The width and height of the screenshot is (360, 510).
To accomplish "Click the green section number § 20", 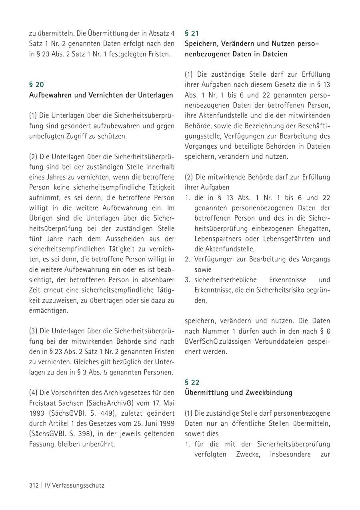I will point(36,84).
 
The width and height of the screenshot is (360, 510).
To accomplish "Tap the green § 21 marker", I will point(192,33).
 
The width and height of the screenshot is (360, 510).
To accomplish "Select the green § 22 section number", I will point(192,382).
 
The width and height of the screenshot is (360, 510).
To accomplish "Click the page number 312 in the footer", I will point(34,486).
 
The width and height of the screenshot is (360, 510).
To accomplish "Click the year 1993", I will point(37,412).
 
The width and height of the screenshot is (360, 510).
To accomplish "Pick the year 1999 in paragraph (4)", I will point(166,423).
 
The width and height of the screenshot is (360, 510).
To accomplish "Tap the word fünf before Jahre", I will point(36,239).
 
